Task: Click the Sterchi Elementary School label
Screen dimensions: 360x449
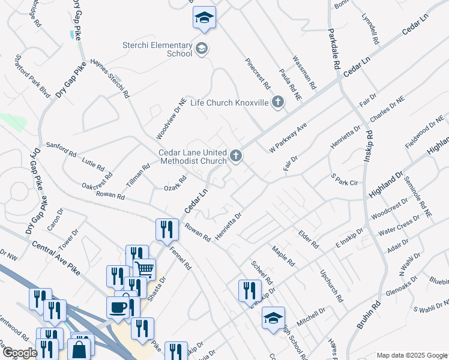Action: tap(157, 49)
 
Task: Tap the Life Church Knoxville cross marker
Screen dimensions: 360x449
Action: tap(277, 103)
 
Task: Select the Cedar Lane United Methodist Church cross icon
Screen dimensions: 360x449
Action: tap(236, 157)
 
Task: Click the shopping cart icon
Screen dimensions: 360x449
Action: tap(145, 269)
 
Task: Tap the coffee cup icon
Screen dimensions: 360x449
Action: tap(118, 307)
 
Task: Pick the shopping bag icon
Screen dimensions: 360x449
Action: tap(79, 349)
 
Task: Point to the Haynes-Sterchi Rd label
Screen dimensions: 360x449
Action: tap(109, 79)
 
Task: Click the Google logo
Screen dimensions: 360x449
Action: tap(19, 353)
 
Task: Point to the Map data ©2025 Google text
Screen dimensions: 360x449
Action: tap(412, 355)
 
